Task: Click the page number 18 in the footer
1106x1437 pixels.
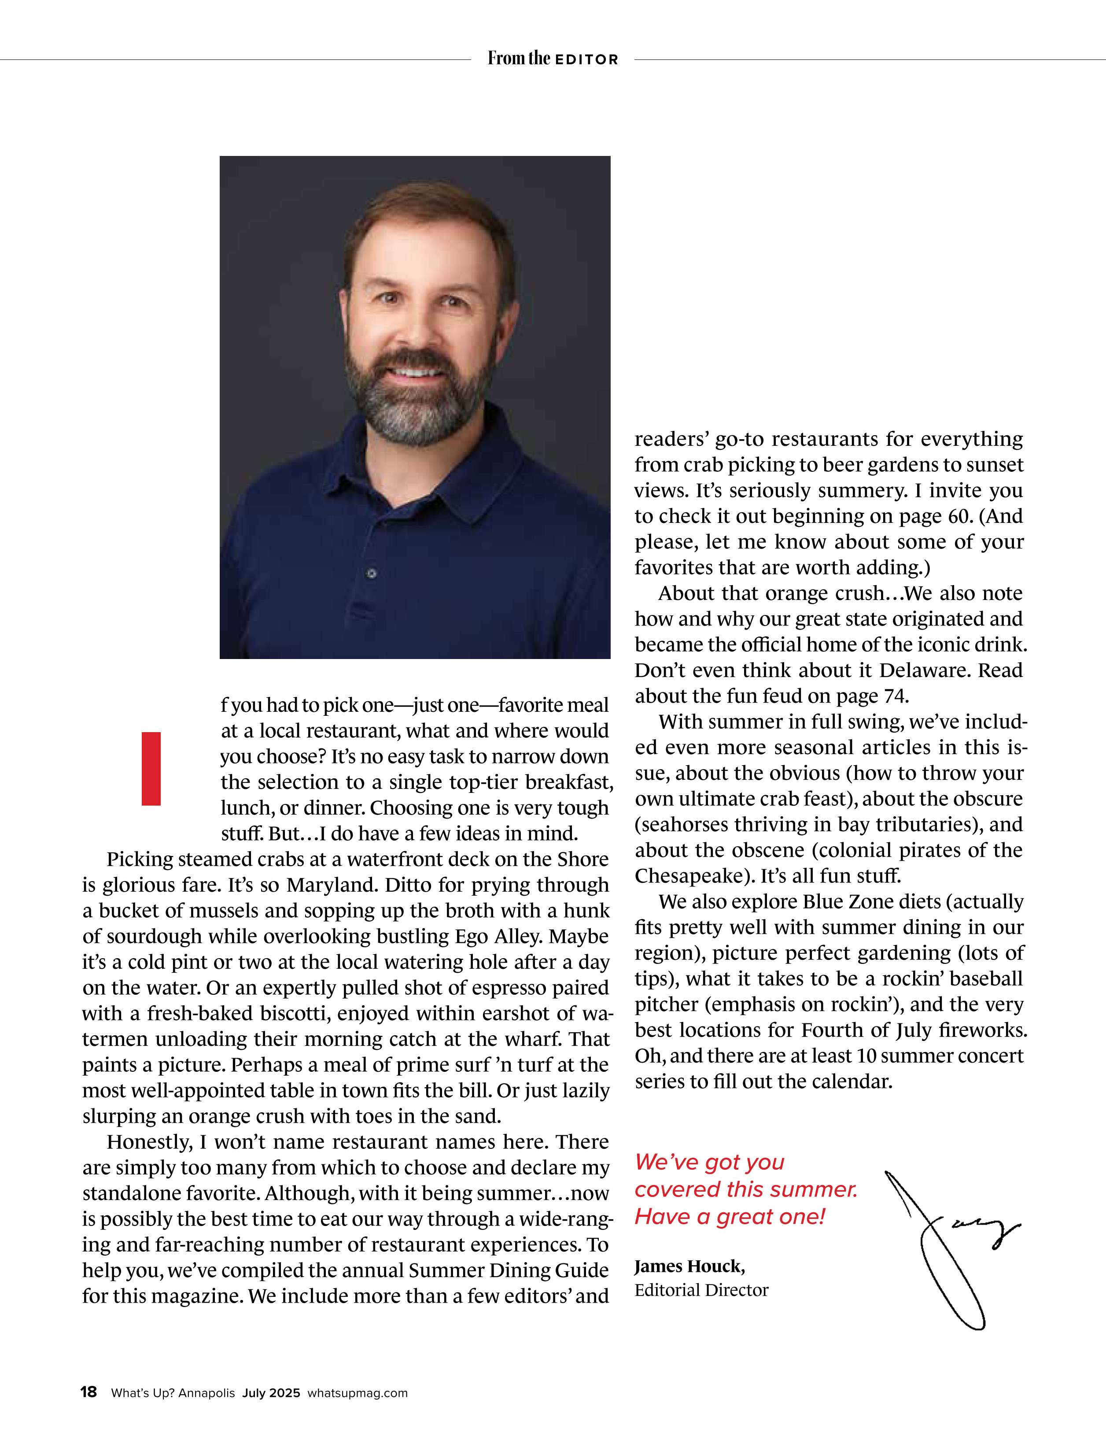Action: (x=88, y=1392)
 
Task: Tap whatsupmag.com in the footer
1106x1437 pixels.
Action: (x=357, y=1393)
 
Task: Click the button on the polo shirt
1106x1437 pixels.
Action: (x=372, y=574)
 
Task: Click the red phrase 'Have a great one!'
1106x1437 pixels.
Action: (x=729, y=1217)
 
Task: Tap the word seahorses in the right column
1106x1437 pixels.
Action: (x=683, y=824)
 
